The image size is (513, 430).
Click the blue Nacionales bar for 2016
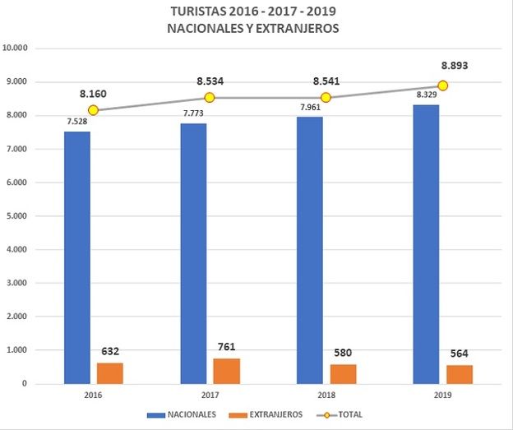pos(77,257)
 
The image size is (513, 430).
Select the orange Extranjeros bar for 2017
pos(226,371)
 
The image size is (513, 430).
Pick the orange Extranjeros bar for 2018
pos(343,373)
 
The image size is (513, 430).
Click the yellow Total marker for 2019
pos(442,86)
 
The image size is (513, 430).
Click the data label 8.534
pos(210,81)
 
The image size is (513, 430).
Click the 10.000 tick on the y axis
pos(16,49)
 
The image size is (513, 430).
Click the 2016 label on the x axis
pos(94,394)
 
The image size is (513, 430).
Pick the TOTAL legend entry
pos(349,414)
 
